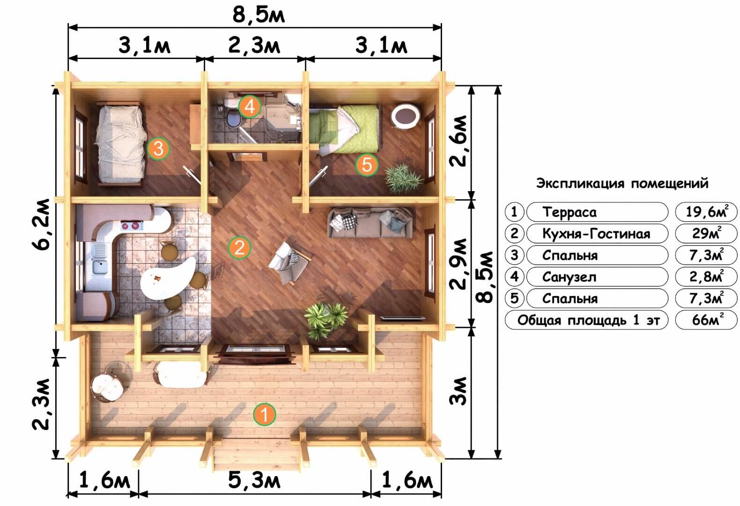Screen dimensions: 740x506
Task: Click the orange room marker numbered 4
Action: (x=250, y=106)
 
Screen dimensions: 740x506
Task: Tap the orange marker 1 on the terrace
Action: (x=264, y=414)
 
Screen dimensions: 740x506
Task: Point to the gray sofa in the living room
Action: (x=370, y=223)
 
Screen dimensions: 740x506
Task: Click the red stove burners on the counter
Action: (x=132, y=226)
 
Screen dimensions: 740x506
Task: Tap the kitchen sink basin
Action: (x=100, y=267)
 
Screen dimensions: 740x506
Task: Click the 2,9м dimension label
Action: (x=459, y=264)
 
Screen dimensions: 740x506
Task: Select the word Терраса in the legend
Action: (x=569, y=212)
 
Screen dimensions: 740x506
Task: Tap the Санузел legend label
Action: (x=569, y=276)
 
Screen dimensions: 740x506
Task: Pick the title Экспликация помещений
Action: (x=622, y=184)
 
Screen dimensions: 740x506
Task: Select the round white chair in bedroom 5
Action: (x=406, y=116)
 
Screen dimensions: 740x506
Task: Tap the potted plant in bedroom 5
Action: (x=403, y=179)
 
